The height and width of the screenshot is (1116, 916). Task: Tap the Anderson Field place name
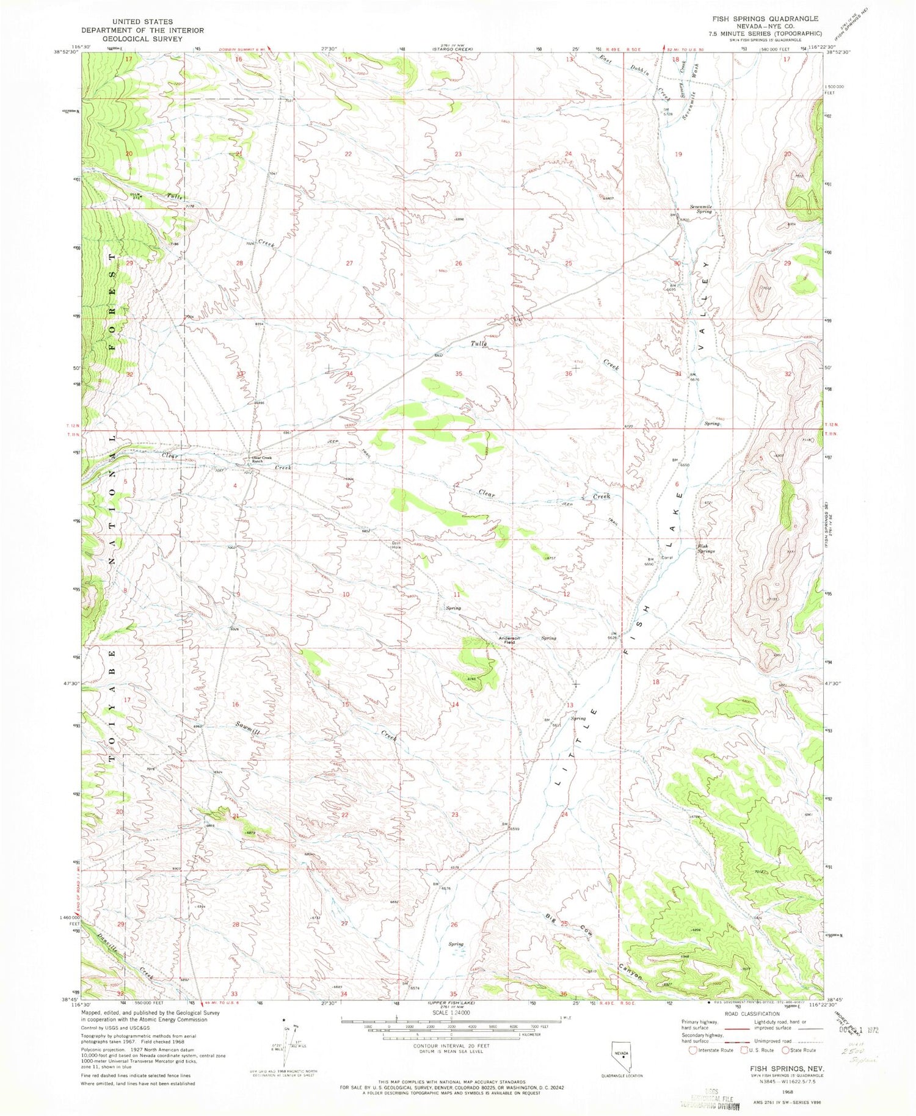[509, 640]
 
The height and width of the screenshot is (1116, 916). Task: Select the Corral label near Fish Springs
[667, 557]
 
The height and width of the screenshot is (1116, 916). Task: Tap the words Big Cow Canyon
[592, 947]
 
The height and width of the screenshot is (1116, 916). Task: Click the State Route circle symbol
[785, 1050]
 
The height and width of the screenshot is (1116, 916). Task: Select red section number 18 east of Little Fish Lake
[656, 681]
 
